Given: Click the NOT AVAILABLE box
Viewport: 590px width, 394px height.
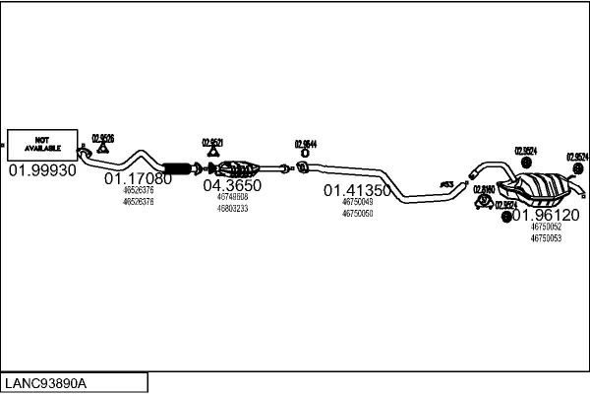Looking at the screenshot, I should (42, 144).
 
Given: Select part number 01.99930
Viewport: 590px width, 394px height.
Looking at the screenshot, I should (42, 170).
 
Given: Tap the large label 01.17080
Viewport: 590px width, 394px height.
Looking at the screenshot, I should (138, 178).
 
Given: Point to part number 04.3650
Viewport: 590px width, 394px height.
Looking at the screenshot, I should (232, 185).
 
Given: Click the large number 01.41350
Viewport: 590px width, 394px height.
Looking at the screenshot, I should (358, 190).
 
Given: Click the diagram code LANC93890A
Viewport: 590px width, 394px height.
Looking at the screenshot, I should (47, 383).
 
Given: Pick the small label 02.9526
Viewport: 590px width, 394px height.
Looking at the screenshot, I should (103, 139).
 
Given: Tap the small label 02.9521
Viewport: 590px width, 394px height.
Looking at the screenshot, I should (213, 143).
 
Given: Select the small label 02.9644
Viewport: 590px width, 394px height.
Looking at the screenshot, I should (305, 144).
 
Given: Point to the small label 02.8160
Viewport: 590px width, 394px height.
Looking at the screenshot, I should (484, 188).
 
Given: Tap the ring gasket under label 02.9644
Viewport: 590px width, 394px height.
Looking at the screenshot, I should (305, 154).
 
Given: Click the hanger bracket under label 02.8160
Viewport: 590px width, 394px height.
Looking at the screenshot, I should (484, 202).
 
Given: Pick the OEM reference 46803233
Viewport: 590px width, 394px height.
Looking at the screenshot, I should (232, 208).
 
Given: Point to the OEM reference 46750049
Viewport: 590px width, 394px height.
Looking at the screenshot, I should (358, 202).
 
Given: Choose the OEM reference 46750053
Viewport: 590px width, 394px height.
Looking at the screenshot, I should (546, 238).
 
